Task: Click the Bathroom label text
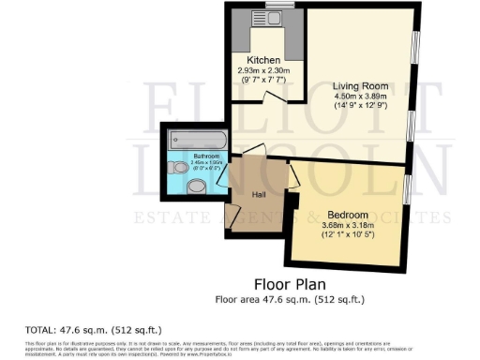(x=205, y=156)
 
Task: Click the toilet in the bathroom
(x=179, y=168)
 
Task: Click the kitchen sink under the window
(x=278, y=17)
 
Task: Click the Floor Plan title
(x=291, y=283)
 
